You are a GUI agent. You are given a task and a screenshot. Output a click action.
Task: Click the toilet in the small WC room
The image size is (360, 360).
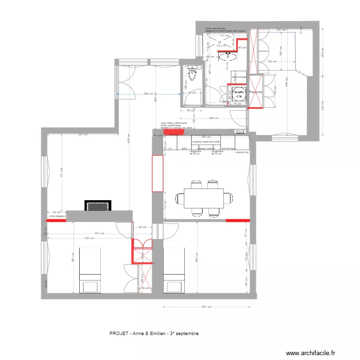tap(193, 75)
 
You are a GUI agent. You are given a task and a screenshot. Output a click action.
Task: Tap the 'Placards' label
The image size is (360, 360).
tap(255, 92)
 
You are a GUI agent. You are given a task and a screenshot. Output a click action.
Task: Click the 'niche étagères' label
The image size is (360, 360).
tap(57, 216)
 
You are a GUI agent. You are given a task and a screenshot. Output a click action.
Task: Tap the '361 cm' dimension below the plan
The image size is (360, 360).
tap(206, 307)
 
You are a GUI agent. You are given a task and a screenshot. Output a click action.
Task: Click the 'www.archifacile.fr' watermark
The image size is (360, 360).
tap(312, 353)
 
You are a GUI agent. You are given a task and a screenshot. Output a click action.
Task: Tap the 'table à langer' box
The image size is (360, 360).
tap(239, 77)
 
